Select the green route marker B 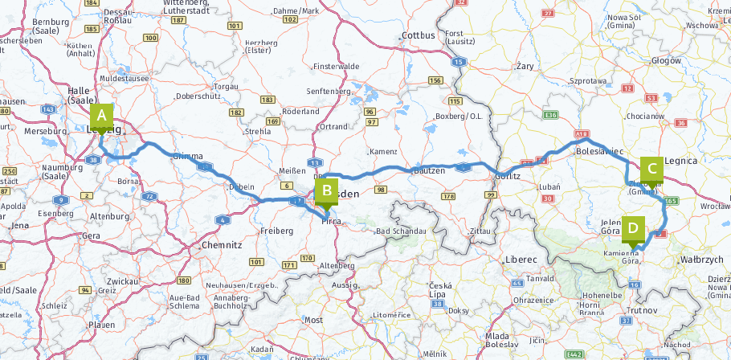(x=327, y=192)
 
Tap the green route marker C (x=651, y=170)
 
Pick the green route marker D (x=633, y=229)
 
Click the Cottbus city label (x=418, y=35)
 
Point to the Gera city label (x=92, y=235)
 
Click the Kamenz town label (x=382, y=152)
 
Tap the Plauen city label (x=102, y=324)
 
